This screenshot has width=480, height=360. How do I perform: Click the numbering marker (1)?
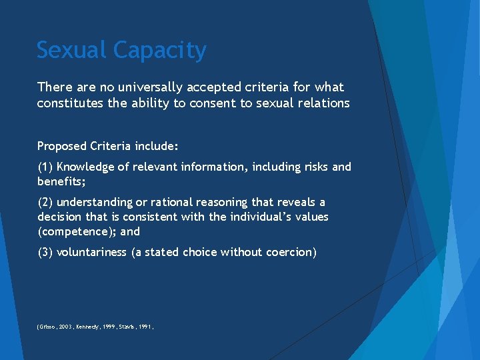click(45, 167)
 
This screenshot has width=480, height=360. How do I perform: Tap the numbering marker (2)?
click(45, 202)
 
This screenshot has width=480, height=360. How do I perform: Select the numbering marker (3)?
click(45, 252)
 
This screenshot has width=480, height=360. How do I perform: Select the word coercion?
click(289, 252)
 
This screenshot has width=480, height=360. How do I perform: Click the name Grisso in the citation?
click(49, 327)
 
